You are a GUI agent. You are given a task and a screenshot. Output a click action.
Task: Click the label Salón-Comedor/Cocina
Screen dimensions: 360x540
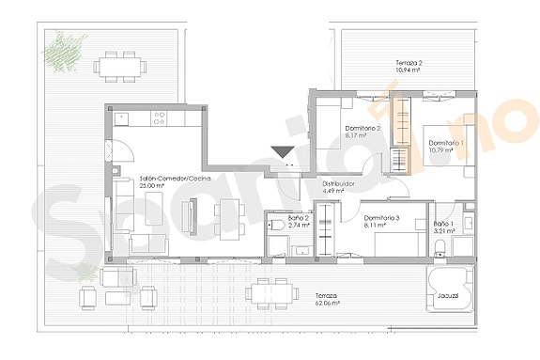pyautogui.click(x=174, y=178)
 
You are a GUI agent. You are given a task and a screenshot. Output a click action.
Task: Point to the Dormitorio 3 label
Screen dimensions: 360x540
pyautogui.click(x=382, y=218)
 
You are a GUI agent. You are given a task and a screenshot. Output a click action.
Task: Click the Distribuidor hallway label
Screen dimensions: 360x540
pyautogui.click(x=339, y=183)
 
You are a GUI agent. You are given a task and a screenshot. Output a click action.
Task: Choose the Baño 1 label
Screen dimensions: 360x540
pyautogui.click(x=443, y=223)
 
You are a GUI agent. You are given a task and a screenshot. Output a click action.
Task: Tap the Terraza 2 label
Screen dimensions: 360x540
pyautogui.click(x=407, y=63)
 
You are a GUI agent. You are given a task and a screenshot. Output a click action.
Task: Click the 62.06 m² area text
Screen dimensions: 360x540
pyautogui.click(x=327, y=304)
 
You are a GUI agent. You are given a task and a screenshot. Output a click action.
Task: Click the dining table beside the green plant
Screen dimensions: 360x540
pyautogui.click(x=123, y=64)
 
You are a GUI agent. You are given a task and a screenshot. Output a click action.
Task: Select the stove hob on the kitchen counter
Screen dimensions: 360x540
pyautogui.click(x=159, y=118)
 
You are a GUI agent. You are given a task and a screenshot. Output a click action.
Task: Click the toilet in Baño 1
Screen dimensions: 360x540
pyautogui.click(x=441, y=247)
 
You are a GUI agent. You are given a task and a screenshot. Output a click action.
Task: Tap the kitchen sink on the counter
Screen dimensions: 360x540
pyautogui.click(x=122, y=118)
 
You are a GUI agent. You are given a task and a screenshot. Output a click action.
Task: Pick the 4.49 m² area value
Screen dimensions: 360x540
pyautogui.click(x=335, y=192)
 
